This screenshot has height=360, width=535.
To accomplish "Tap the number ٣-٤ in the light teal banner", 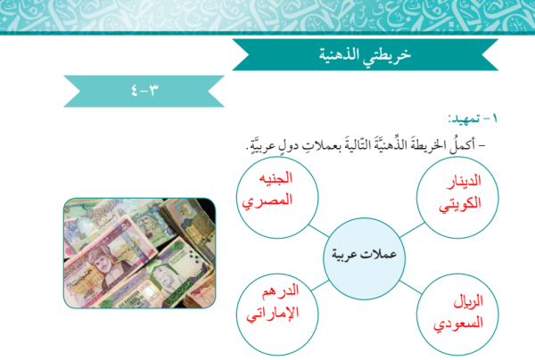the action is pos(145,91).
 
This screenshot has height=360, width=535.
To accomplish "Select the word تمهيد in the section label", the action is pos(464,119).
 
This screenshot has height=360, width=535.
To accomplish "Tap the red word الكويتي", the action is pos(459,204).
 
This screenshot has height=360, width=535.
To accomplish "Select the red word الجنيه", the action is pos(276,178).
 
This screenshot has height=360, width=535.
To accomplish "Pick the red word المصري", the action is pos(267,200).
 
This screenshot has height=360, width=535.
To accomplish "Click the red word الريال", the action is pos(468,301).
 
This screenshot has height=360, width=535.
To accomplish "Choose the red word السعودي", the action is pos(458,323).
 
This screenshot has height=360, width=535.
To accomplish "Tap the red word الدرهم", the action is pos(281,291).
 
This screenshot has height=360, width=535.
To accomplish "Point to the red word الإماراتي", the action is pos(273,314).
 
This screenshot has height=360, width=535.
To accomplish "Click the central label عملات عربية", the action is pos(364,254).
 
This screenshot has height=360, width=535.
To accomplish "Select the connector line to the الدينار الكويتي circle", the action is pos(412,230).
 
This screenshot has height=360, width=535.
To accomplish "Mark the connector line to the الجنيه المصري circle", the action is pos(318,231).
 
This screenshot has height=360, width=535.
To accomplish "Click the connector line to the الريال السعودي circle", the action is pos(411,287).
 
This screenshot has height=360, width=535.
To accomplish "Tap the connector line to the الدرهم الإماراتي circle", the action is pos(320,286).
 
